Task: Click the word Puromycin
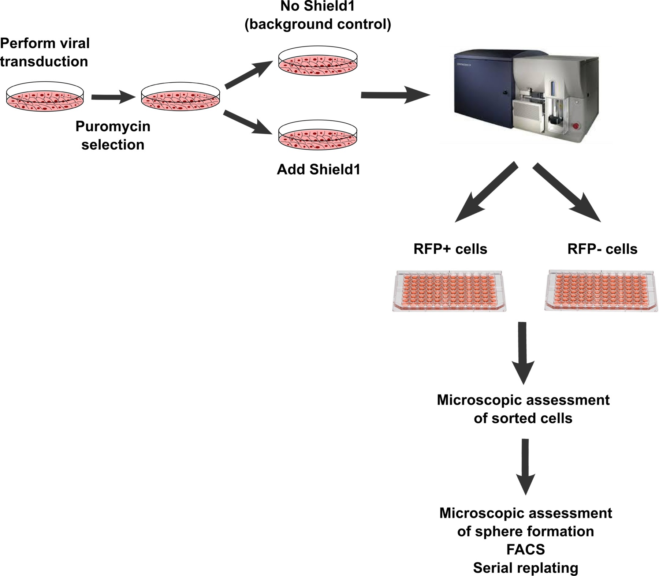coord(113,127)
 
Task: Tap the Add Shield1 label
coord(319,169)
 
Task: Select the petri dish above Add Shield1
coord(317,136)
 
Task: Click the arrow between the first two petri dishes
coord(113,97)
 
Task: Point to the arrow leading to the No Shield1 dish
coord(249,75)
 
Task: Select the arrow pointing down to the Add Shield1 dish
coord(248,123)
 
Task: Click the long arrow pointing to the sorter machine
coord(395,95)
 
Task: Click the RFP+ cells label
coord(450,249)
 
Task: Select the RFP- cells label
coord(602,249)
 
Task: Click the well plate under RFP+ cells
coord(450,291)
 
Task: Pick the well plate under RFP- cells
coord(601,291)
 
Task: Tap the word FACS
coord(525,550)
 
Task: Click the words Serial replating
coord(525,568)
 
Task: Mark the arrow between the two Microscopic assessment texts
coord(525,467)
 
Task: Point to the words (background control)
coord(318,25)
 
